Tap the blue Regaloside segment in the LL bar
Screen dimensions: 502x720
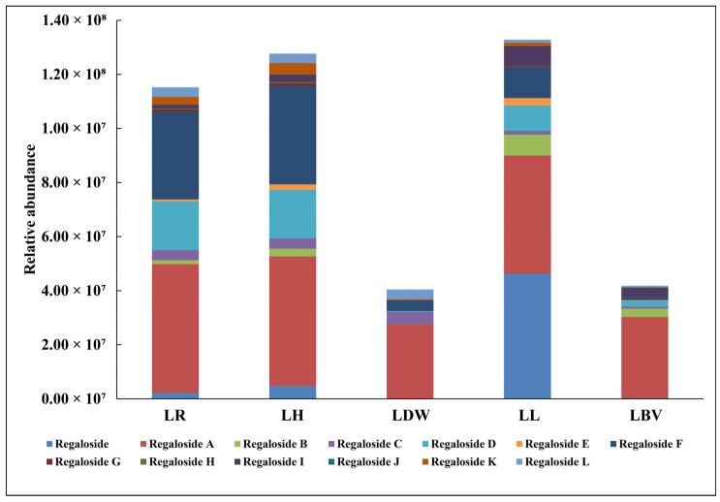[527, 335]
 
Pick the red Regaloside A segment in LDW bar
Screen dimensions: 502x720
[410, 361]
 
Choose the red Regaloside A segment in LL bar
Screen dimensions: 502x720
[527, 214]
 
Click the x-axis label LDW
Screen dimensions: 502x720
[410, 415]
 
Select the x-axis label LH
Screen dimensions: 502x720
[293, 415]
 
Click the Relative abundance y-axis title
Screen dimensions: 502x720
[32, 209]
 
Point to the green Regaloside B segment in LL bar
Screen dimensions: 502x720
[527, 144]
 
